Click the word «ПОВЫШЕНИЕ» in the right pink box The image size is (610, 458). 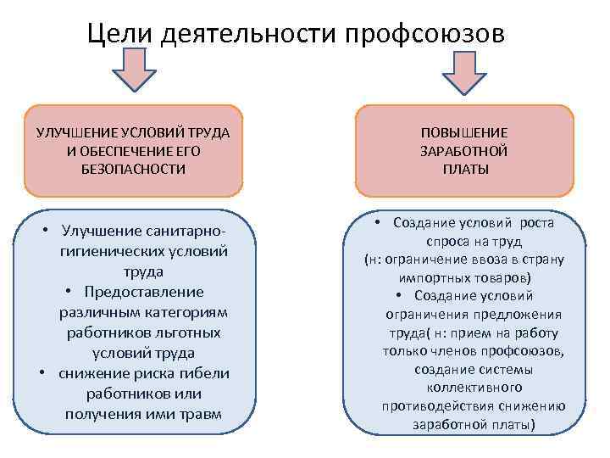465,133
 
